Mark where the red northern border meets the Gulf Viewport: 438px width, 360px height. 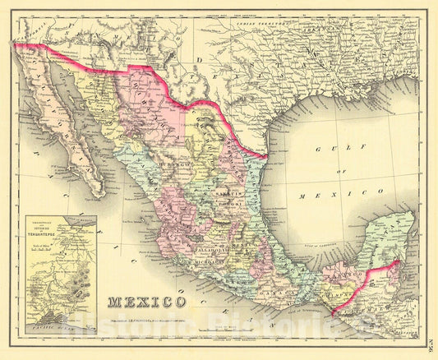(266, 155)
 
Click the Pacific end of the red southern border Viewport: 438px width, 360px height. (332, 312)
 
